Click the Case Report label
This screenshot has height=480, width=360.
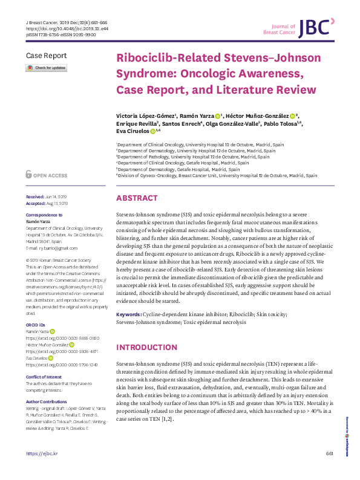pyautogui.click(x=45, y=56)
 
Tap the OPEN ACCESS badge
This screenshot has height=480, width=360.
pyautogui.click(x=47, y=175)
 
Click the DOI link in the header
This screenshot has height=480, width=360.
pyautogui.click(x=60, y=28)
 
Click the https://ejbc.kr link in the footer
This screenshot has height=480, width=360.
pyautogui.click(x=41, y=470)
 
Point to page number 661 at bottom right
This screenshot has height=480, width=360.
pyautogui.click(x=329, y=470)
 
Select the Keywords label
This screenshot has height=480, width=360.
pyautogui.click(x=128, y=315)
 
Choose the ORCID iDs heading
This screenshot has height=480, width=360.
pyautogui.click(x=37, y=325)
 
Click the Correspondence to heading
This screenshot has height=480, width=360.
pyautogui.click(x=44, y=216)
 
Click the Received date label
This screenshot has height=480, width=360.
pyautogui.click(x=36, y=198)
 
